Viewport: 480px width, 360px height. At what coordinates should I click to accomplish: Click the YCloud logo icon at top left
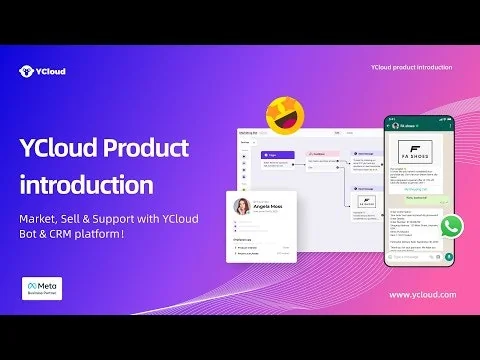pyautogui.click(x=26, y=71)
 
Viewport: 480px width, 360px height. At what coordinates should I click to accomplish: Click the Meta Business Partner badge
pyautogui.click(x=42, y=288)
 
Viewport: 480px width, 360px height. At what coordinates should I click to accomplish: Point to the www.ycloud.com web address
pyautogui.click(x=422, y=294)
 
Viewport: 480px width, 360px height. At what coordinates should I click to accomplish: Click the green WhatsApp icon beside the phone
pyautogui.click(x=452, y=225)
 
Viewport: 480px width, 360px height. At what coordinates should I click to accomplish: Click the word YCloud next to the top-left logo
pyautogui.click(x=56, y=71)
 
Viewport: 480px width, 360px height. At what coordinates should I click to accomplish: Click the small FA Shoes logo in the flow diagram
pyautogui.click(x=366, y=203)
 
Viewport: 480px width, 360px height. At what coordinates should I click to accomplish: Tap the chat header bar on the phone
pyautogui.click(x=415, y=126)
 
